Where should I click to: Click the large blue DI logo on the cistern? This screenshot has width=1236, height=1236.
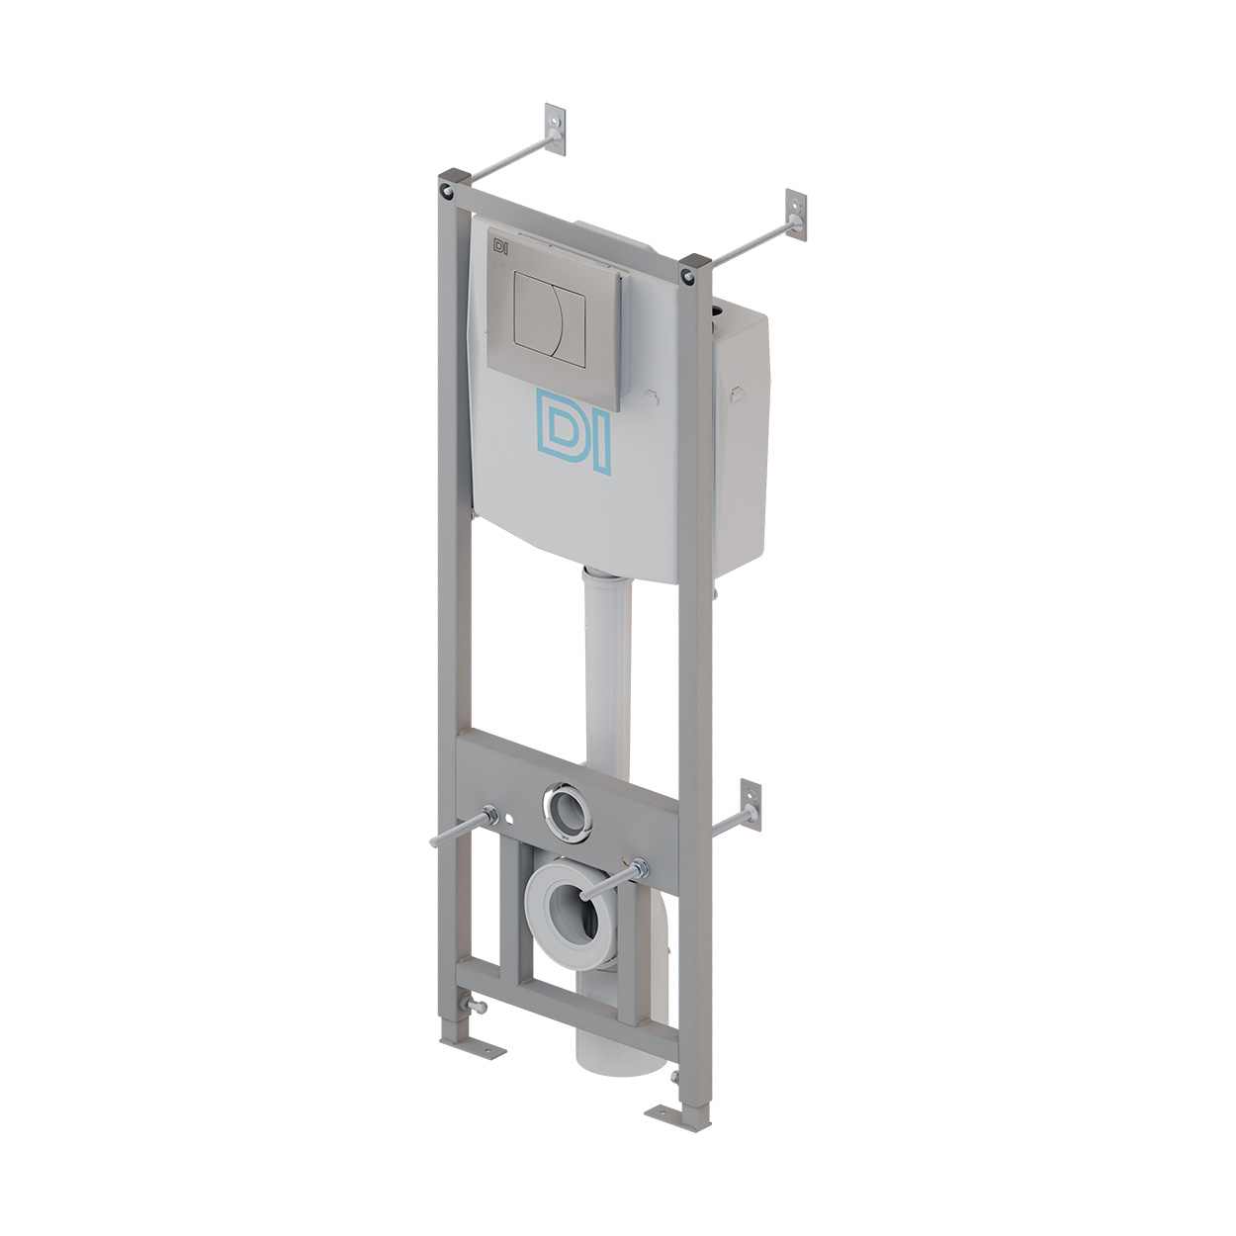click(573, 431)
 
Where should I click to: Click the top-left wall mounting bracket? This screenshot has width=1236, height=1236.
click(555, 129)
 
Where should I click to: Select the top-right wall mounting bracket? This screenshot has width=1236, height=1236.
click(795, 215)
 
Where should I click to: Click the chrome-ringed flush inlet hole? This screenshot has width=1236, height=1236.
click(567, 810)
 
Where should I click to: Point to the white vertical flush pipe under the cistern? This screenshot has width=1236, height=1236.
click(608, 667)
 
